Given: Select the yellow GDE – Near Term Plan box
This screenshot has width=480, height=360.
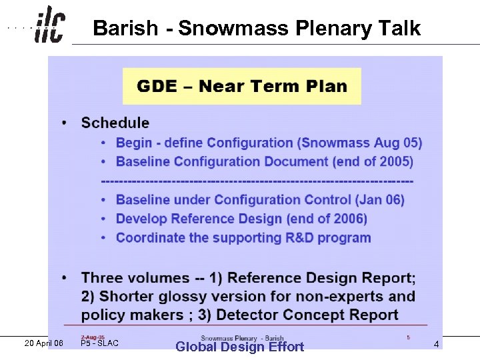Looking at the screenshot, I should coord(241,86).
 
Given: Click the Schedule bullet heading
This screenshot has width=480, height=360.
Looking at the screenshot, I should coord(115,123).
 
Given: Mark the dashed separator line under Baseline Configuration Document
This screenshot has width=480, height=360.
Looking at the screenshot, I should coord(257,181).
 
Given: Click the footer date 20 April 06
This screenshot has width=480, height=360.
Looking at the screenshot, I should coord(43,343).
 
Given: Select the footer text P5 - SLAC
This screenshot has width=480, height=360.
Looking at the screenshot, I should coord(99,343).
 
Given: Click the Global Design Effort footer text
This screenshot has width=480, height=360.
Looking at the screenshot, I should coord(239,347).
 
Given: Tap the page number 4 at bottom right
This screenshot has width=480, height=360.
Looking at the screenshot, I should coord(436,345).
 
